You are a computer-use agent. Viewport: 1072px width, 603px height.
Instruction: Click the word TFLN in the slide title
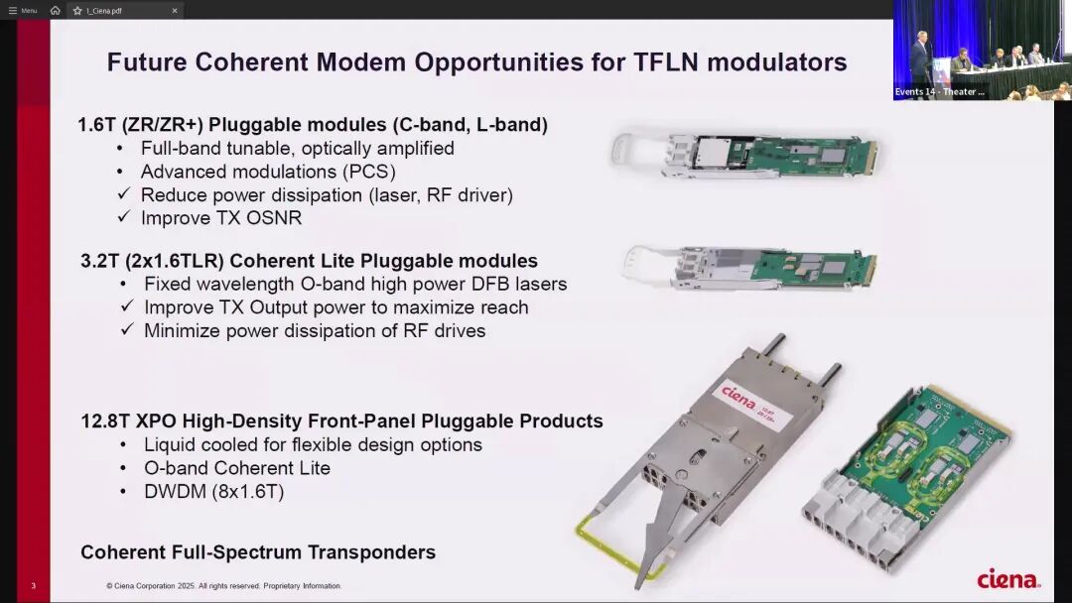tap(666, 62)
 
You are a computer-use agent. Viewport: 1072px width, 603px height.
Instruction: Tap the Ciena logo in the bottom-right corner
tap(1008, 579)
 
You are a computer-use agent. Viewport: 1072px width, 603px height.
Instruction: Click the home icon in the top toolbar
tap(56, 10)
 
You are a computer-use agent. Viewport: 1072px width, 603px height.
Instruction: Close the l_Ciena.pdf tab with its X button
tap(175, 10)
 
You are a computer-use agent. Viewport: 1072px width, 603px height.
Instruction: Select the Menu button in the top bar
tap(23, 10)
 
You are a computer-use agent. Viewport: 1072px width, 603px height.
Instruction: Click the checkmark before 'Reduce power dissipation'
tap(123, 194)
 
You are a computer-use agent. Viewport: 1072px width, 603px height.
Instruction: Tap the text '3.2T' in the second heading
tap(100, 261)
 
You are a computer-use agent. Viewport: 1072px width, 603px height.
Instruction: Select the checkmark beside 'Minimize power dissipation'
tap(126, 330)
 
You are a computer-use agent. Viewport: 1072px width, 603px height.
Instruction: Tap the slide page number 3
tap(34, 585)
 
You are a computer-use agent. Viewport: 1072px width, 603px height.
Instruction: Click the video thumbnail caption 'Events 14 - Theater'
tap(940, 92)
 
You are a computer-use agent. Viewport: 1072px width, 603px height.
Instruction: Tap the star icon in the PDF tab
tap(77, 10)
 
